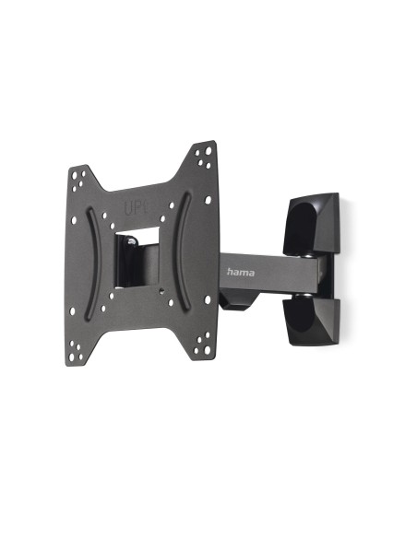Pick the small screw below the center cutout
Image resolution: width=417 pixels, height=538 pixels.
[x=163, y=293]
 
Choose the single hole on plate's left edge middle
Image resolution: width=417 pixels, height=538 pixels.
[x=76, y=260]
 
